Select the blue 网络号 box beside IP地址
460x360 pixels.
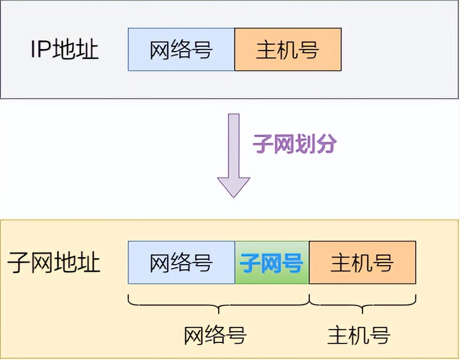[181, 50]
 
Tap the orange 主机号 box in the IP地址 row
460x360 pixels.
[287, 50]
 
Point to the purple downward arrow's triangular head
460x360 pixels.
[233, 186]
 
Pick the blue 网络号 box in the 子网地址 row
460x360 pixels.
[181, 263]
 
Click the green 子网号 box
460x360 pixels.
[272, 263]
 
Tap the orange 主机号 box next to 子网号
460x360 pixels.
[362, 263]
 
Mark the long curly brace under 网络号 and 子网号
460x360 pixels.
[218, 304]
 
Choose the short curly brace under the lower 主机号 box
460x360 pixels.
[363, 304]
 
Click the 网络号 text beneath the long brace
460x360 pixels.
[215, 335]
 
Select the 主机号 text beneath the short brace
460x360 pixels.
[359, 335]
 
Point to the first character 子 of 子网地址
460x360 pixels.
[19, 263]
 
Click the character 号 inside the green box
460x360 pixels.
[292, 263]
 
